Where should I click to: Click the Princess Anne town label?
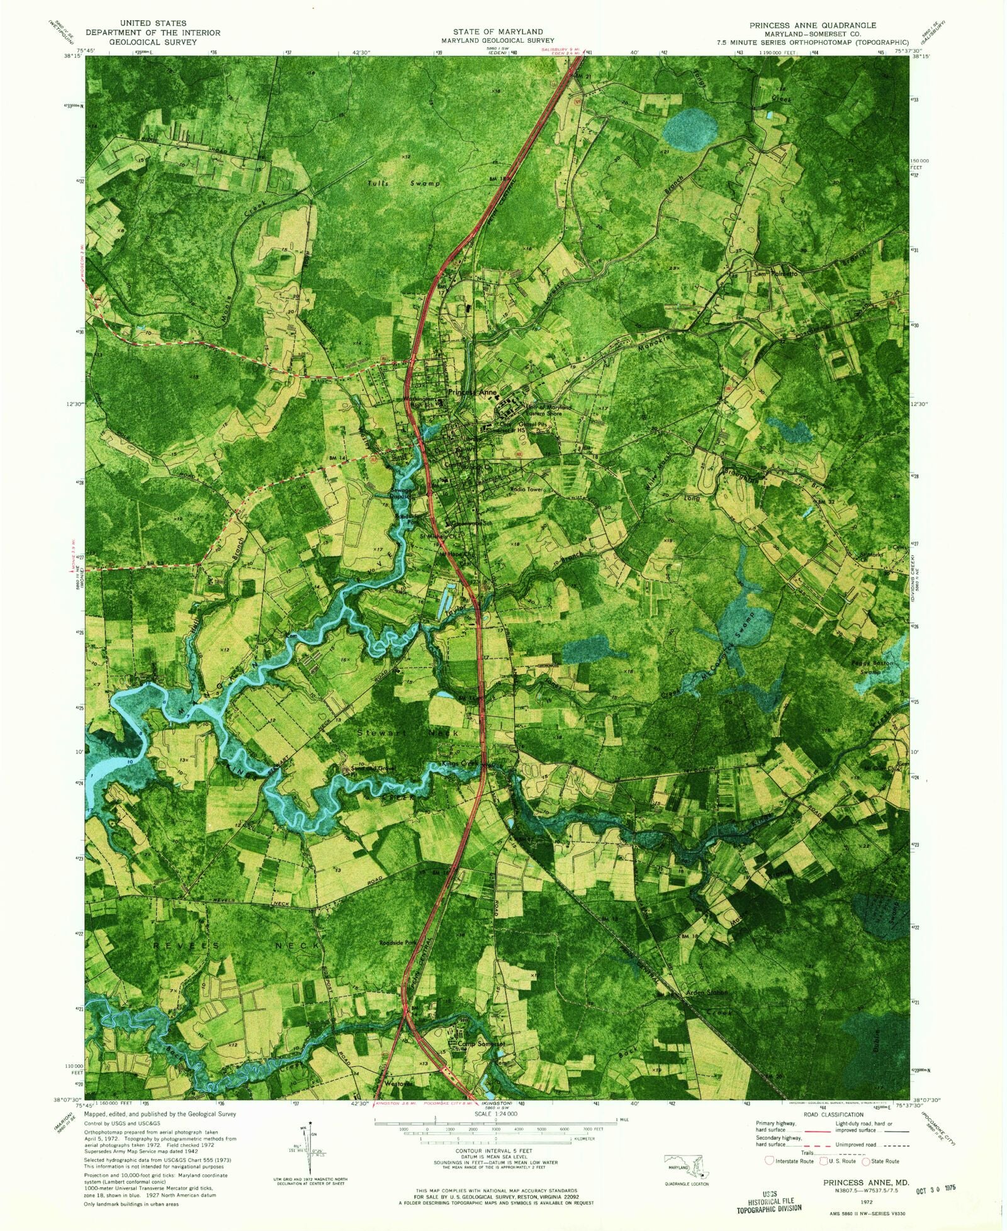click(472, 393)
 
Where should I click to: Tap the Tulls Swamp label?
click(403, 184)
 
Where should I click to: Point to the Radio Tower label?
click(526, 489)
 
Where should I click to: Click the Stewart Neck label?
click(409, 733)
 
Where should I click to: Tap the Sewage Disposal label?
click(400, 493)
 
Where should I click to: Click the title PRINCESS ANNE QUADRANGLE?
click(812, 25)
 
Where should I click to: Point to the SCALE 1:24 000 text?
click(496, 1113)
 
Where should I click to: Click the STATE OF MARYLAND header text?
click(497, 31)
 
